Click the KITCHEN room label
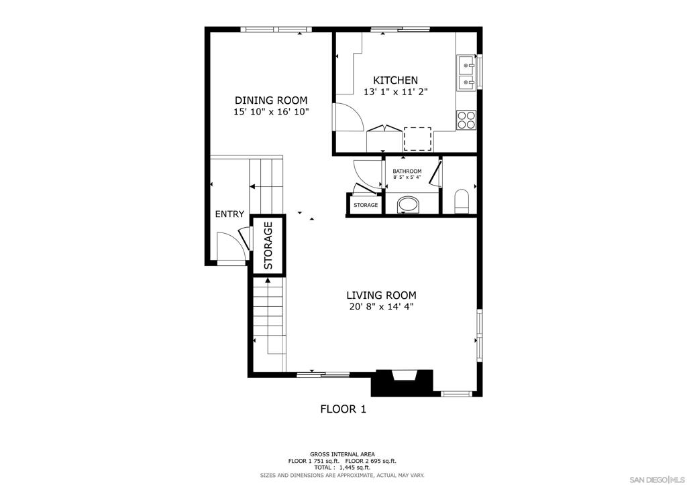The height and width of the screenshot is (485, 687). [x=395, y=80]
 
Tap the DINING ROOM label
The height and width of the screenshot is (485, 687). [x=271, y=100]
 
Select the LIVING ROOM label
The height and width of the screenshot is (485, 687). [x=381, y=295]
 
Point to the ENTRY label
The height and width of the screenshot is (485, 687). [x=229, y=214]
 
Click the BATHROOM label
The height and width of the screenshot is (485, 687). [x=407, y=171]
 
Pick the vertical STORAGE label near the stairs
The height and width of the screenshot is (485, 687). [x=268, y=245]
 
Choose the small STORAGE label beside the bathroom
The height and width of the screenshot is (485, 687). [x=366, y=205]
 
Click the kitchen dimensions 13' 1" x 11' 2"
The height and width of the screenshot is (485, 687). [x=395, y=92]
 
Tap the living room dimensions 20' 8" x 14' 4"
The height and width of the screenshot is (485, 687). [x=381, y=307]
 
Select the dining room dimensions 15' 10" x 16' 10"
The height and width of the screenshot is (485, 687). [x=271, y=112]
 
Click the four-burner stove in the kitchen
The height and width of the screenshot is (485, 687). [x=466, y=120]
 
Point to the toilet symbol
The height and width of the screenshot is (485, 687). [x=462, y=202]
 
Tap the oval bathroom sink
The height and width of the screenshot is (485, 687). [x=408, y=205]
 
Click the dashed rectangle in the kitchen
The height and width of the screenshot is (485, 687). [x=417, y=139]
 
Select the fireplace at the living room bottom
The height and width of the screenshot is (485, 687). [x=403, y=383]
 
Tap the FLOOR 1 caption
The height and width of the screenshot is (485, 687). [x=343, y=409]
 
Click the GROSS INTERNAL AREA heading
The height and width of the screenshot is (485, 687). [x=342, y=454]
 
